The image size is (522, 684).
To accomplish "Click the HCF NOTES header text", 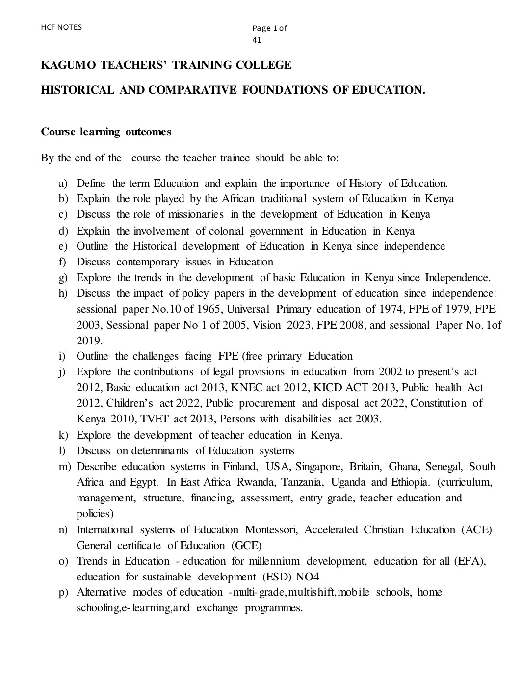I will coord(62,27).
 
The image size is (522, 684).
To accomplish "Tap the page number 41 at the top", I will coord(257,40).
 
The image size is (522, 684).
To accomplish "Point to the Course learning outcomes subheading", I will coord(106,132).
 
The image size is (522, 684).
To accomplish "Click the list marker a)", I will coord(63,184).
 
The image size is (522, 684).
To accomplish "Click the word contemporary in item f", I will coord(148,262).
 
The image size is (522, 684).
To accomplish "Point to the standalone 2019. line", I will coord(90,341).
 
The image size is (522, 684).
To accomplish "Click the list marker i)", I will coord(62,356).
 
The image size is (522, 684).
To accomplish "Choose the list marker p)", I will coord(63,593).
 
